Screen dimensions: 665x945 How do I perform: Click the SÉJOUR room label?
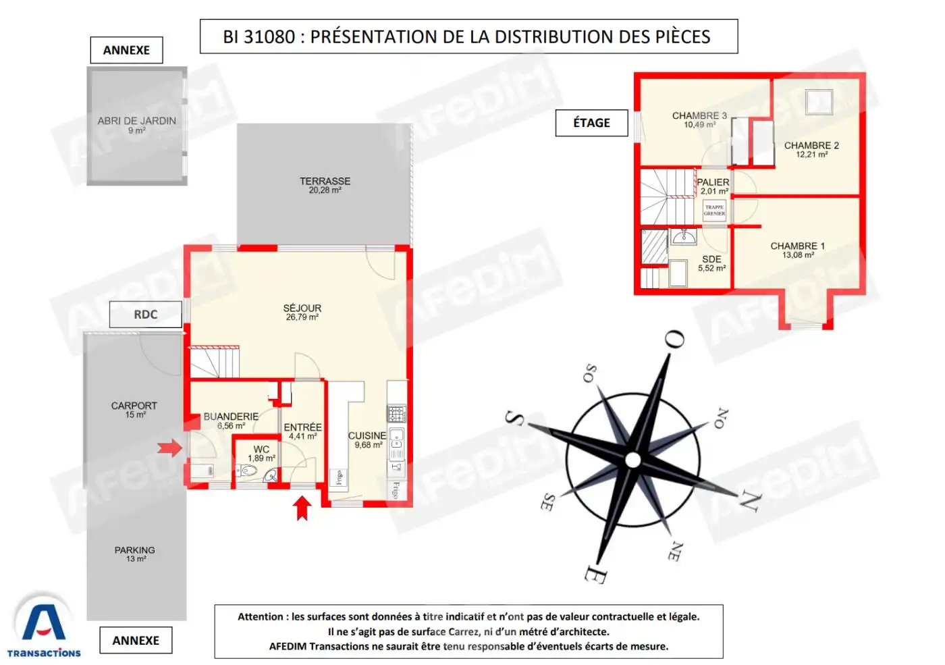point(302,309)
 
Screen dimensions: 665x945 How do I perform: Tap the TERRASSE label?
point(325,182)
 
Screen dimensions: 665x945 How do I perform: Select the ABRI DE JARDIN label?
point(136,122)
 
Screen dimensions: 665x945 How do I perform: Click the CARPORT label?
point(134,406)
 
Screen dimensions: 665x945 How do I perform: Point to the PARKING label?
point(134,551)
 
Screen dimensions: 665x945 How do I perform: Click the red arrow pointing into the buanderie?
point(169,448)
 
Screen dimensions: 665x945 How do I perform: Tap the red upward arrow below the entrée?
point(302,508)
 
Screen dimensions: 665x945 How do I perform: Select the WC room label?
point(261,450)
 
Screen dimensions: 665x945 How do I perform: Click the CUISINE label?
point(367,436)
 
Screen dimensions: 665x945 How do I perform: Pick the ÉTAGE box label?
point(591,123)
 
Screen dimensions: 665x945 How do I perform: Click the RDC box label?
point(145,315)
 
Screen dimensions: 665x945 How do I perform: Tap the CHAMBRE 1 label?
point(797,246)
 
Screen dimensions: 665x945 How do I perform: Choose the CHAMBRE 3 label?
point(699,116)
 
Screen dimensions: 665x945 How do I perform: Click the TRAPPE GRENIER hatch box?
point(714,210)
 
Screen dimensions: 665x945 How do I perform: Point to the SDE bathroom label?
point(711,260)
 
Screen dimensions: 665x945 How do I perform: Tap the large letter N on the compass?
point(749,501)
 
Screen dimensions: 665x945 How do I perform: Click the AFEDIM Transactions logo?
point(44,627)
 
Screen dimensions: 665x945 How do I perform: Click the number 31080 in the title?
point(269,37)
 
